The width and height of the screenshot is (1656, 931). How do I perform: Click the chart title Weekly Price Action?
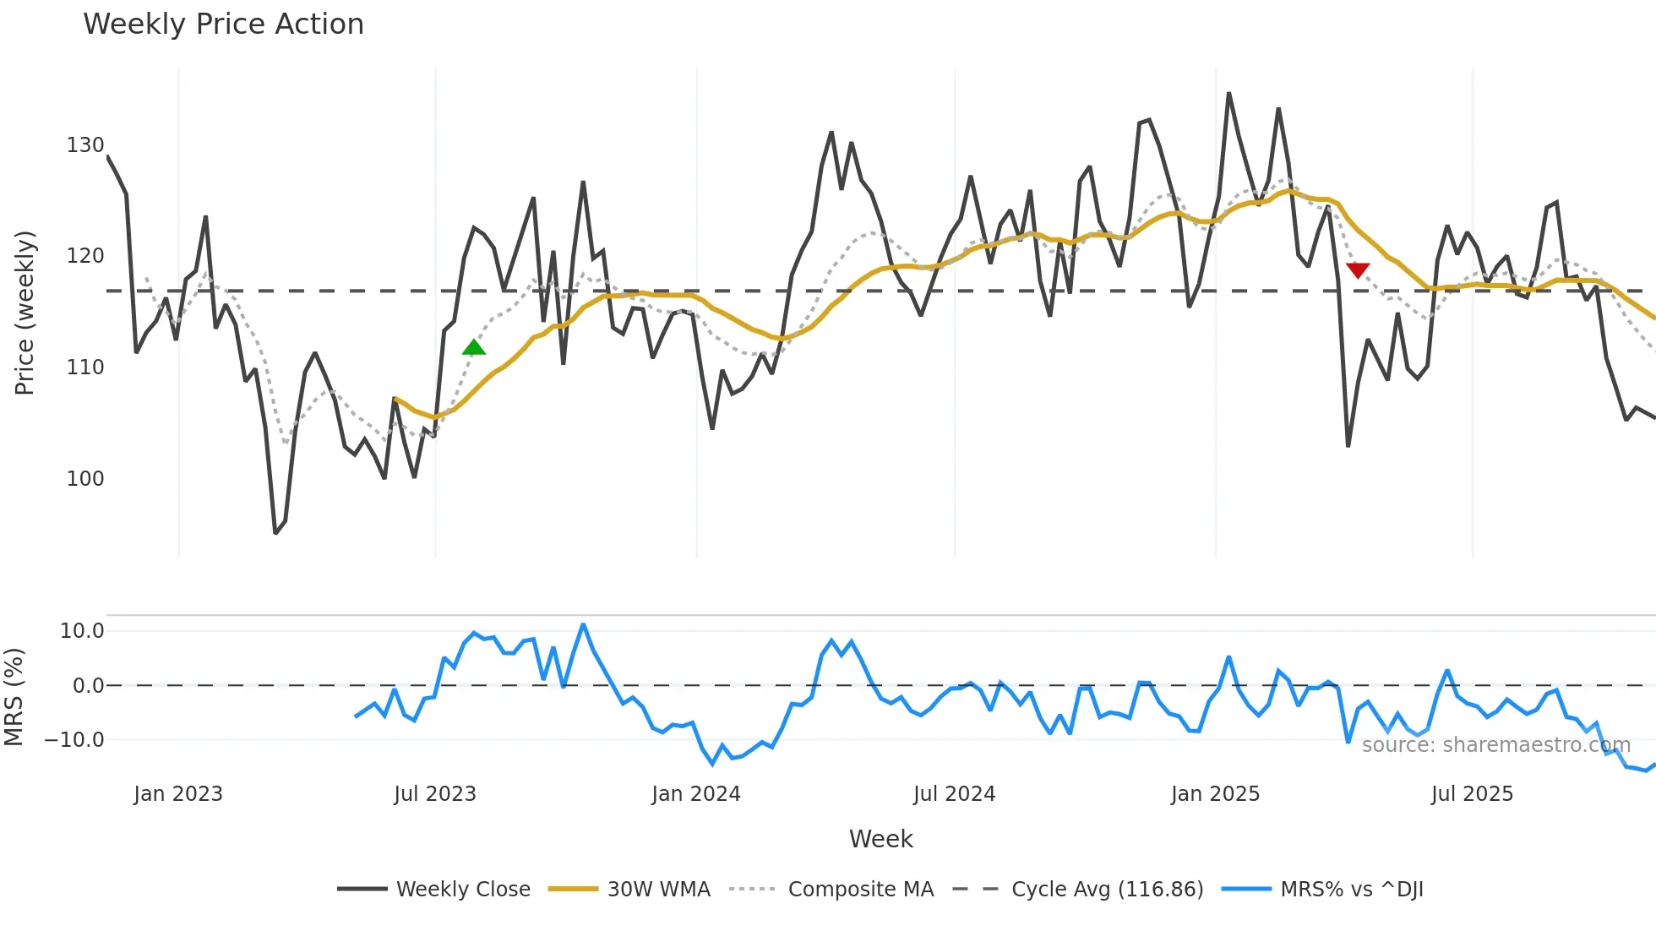click(223, 24)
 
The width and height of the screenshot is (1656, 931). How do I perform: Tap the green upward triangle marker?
click(474, 347)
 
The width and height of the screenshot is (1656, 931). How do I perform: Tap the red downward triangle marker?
click(1358, 270)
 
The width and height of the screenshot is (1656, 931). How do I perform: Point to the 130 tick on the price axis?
click(85, 145)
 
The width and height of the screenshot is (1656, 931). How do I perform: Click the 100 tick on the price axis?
click(85, 478)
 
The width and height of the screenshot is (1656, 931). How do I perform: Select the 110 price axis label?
click(85, 367)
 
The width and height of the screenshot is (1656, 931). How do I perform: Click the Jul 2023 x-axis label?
click(435, 794)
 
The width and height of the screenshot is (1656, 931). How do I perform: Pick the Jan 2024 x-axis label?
click(696, 794)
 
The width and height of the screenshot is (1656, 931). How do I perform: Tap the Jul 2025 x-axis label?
click(1472, 794)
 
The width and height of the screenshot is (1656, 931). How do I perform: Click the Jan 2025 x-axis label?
click(1215, 794)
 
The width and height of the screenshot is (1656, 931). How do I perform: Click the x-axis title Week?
click(880, 839)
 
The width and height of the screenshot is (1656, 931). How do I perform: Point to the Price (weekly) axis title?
click(25, 313)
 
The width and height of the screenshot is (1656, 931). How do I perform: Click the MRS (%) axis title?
click(14, 697)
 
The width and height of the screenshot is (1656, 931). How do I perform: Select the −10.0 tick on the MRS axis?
click(74, 740)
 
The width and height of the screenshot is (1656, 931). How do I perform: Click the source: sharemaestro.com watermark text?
click(1495, 745)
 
